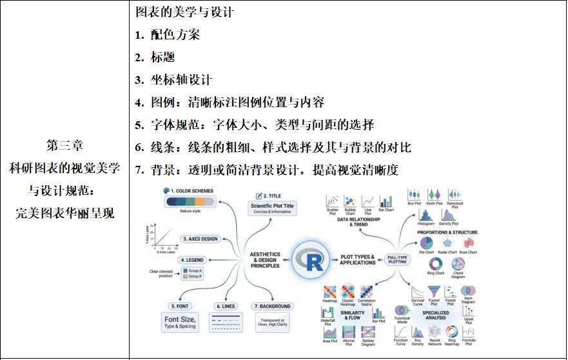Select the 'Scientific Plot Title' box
pyautogui.click(x=271, y=208)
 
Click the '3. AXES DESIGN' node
pyautogui.click(x=201, y=239)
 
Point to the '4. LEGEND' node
pyautogui.click(x=191, y=260)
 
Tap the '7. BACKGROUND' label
pyautogui.click(x=273, y=306)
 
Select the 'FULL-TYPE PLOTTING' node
pyautogui.click(x=398, y=260)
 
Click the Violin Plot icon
pyautogui.click(x=434, y=194)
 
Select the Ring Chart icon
pyautogui.click(x=436, y=265)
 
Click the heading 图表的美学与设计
pyautogui.click(x=184, y=12)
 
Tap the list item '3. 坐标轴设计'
pyautogui.click(x=173, y=79)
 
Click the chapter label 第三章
pyautogui.click(x=64, y=145)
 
